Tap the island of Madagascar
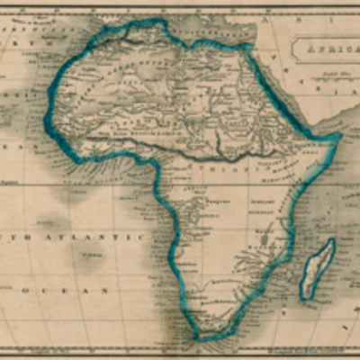tap(317, 268)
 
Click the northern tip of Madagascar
tap(331, 240)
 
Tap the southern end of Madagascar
tap(307, 296)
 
